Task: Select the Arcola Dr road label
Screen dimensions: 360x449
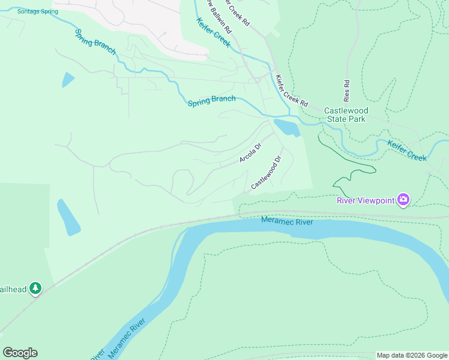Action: coord(251,152)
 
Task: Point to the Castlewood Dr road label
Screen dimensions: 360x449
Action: coord(267,173)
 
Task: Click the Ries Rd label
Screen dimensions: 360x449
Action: coord(346,90)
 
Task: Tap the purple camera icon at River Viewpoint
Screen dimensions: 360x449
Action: coord(403,199)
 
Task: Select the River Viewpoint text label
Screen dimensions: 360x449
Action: coord(366,200)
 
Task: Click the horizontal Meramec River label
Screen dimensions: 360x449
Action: coord(287,221)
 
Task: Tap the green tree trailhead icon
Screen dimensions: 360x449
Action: coord(35,289)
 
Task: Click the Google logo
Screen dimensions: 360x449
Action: coord(20,352)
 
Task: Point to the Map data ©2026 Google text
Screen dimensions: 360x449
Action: coord(411,355)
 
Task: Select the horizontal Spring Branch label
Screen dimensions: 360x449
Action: coord(211,101)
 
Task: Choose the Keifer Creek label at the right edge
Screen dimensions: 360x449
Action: coord(407,149)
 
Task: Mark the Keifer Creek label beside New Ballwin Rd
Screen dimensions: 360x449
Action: coord(213,32)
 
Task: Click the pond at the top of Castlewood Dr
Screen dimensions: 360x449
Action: coord(286,127)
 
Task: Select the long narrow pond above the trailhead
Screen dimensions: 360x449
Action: coord(68,217)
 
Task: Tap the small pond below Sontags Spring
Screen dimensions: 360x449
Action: coord(68,80)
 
